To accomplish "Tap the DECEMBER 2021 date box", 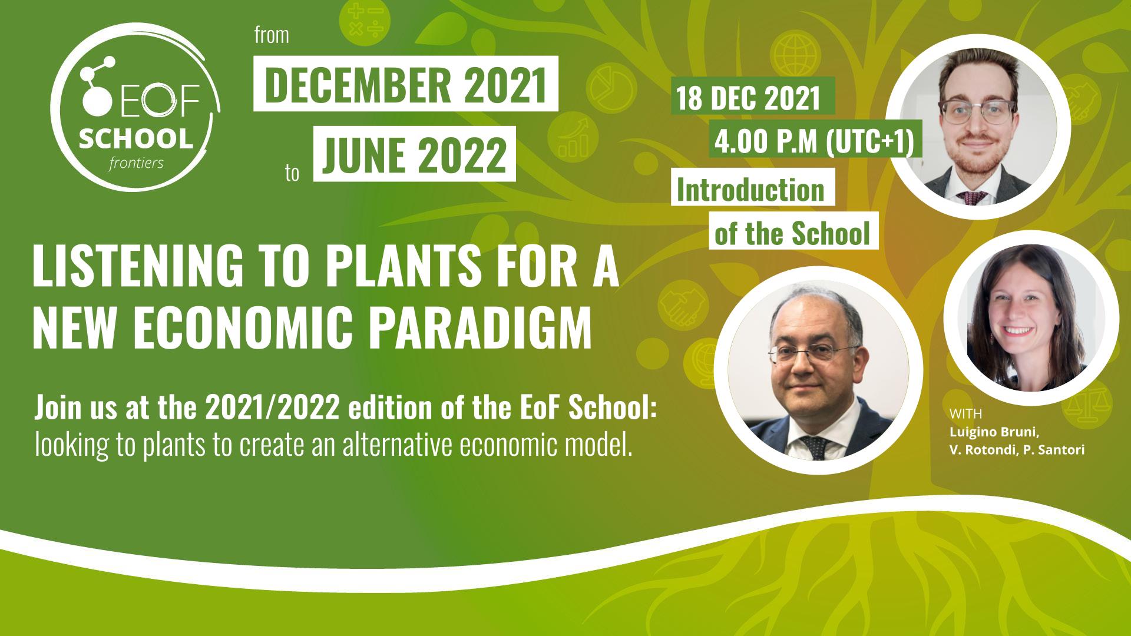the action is (x=405, y=83).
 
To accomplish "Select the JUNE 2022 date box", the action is (x=415, y=154).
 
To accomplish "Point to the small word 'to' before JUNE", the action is (x=292, y=174).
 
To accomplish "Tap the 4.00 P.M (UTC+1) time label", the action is (x=813, y=141).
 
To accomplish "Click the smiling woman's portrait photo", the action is (x=1031, y=318).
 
